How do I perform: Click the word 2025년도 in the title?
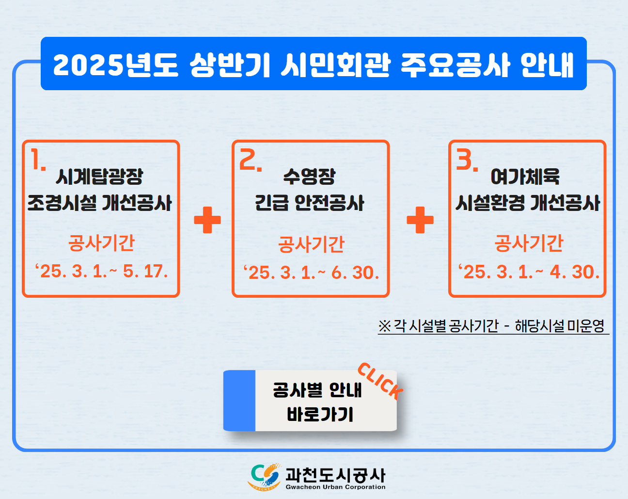coord(115,65)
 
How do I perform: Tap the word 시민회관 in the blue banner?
coord(336,65)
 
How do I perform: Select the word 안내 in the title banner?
coord(547,65)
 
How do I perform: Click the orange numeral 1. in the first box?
coord(38,159)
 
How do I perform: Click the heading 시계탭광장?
coord(99,177)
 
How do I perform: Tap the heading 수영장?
coord(310,177)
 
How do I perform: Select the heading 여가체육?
coord(525,177)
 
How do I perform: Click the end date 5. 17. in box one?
coord(145,272)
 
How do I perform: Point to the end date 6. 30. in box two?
coord(355,273)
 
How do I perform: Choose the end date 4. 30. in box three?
coord(574,272)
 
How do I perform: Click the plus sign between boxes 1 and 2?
coord(207,220)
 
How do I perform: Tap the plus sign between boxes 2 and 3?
coord(420,220)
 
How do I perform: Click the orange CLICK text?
coord(380,381)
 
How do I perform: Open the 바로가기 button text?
coord(320,415)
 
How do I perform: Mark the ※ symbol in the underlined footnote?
coord(385,326)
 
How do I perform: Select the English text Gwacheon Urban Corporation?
coord(336,487)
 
